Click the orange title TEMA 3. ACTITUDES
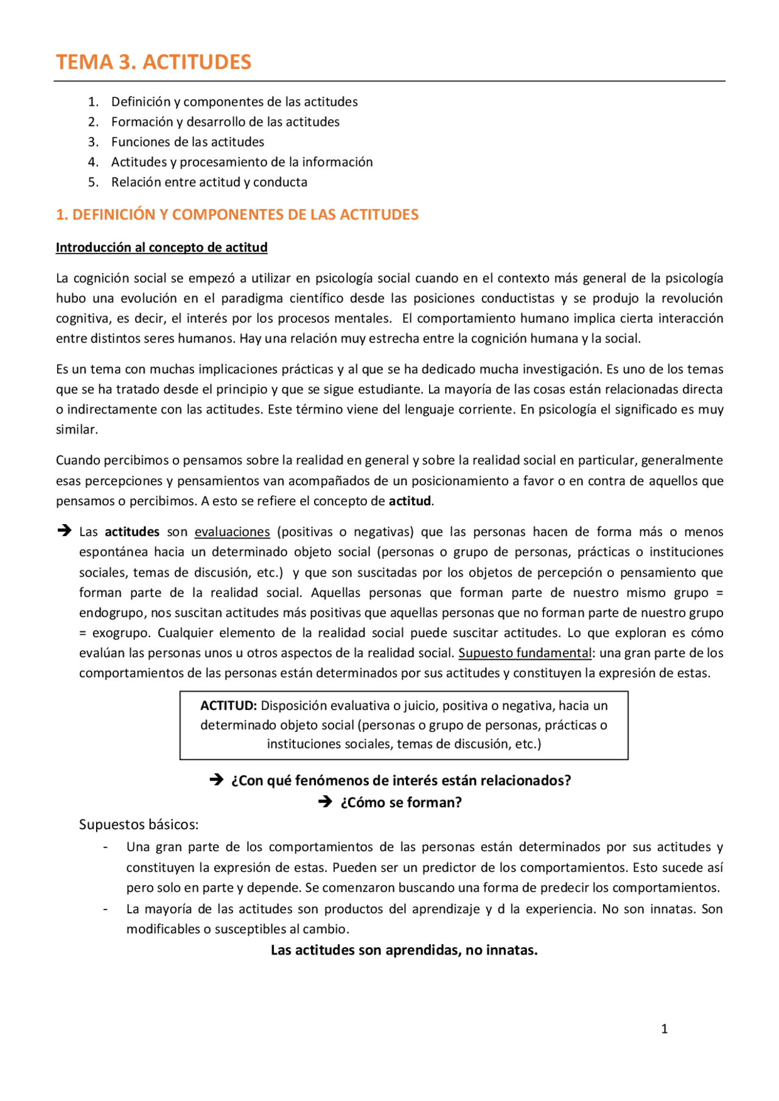point(153,62)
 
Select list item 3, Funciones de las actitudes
point(187,142)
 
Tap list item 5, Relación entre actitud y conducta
point(209,182)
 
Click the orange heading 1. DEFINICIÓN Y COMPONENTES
point(237,215)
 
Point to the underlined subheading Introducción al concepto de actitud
point(161,247)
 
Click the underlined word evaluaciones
point(232,532)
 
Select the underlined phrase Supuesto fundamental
point(525,653)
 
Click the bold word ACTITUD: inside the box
point(228,706)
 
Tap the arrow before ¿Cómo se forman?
point(325,802)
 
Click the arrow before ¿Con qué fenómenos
point(216,780)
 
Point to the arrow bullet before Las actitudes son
point(64,531)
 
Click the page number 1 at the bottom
point(664,1029)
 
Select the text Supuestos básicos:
point(139,824)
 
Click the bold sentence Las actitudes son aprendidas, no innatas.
point(403,950)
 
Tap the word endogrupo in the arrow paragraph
point(111,613)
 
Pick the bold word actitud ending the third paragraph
point(410,501)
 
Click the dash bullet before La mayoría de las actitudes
point(106,909)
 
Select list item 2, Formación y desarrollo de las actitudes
point(225,122)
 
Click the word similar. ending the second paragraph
point(77,430)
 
